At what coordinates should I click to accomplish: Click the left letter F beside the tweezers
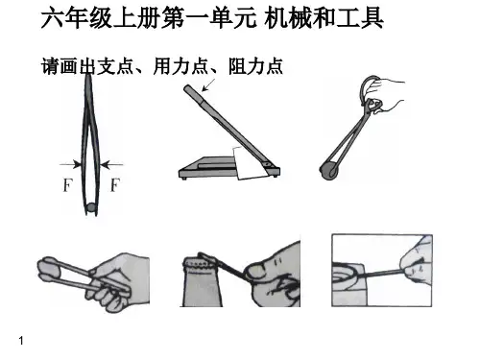pyautogui.click(x=67, y=185)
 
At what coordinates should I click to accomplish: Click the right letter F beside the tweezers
pyautogui.click(x=115, y=185)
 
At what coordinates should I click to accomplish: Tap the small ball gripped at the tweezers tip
pyautogui.click(x=91, y=207)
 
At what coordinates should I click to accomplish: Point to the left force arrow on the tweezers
pyautogui.click(x=70, y=164)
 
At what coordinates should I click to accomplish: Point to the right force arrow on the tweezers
pyautogui.click(x=111, y=165)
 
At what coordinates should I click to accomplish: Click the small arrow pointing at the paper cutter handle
pyautogui.click(x=209, y=84)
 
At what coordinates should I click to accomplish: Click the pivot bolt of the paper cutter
pyautogui.click(x=268, y=164)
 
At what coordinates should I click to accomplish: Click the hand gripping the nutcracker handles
pyautogui.click(x=386, y=94)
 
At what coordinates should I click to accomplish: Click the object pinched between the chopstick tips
pyautogui.click(x=49, y=268)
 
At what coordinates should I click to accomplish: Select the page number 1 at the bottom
pyautogui.click(x=21, y=341)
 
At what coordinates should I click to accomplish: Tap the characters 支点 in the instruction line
pyautogui.click(x=114, y=66)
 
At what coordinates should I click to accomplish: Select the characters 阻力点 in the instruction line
pyautogui.click(x=255, y=66)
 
